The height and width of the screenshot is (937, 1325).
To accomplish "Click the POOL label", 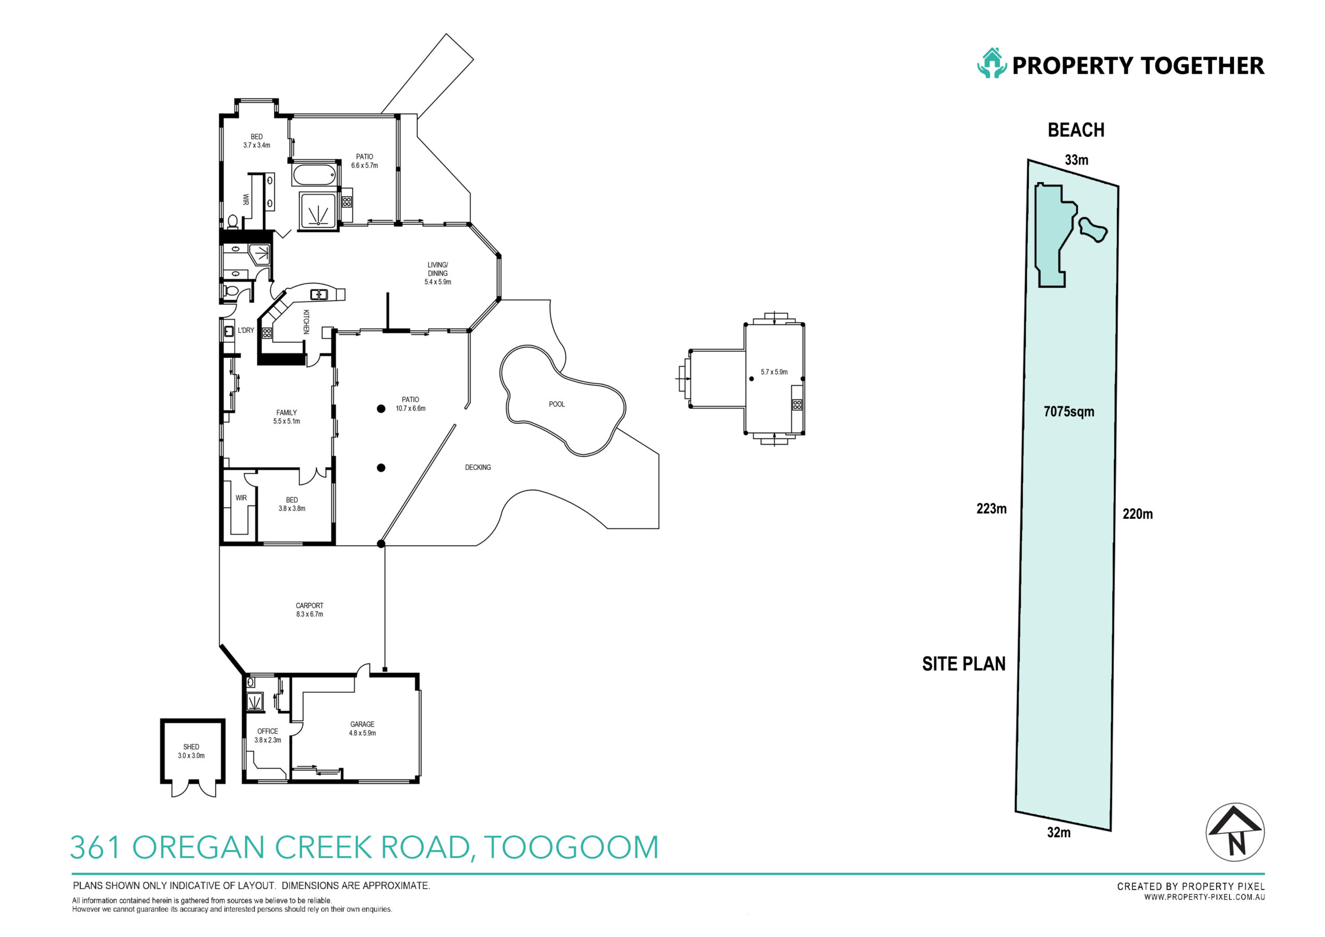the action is click(556, 404).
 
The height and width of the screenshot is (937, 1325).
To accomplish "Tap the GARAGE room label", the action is click(362, 724).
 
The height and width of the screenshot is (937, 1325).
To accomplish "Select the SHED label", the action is click(191, 746).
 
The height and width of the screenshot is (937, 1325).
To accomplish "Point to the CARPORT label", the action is click(310, 606).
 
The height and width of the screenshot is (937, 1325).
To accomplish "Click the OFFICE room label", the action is click(267, 731).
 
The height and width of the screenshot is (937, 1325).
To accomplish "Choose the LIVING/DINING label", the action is click(437, 269).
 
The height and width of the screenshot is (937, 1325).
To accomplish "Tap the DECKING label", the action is click(478, 467).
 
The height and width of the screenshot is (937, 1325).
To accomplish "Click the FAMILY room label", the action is click(286, 413).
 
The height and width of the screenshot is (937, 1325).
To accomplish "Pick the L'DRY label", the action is click(246, 330).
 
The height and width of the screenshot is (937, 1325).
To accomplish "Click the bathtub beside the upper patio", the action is click(315, 174).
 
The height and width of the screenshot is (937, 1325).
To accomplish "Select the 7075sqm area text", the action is click(1069, 412).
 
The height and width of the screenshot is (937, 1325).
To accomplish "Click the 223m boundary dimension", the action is click(992, 509).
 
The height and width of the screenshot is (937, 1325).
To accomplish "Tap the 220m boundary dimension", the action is click(1138, 514).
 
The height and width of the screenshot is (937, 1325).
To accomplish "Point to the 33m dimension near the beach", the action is click(1076, 160).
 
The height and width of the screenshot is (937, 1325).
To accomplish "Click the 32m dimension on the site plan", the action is click(1058, 832).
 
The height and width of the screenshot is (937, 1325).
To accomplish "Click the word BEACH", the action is click(1076, 130).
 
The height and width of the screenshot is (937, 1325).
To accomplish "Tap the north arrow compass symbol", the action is click(1235, 832).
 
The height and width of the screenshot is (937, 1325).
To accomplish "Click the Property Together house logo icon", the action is click(992, 63).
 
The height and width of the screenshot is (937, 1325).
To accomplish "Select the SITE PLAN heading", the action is click(963, 664).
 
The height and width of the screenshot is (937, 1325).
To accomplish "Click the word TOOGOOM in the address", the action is click(571, 847).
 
